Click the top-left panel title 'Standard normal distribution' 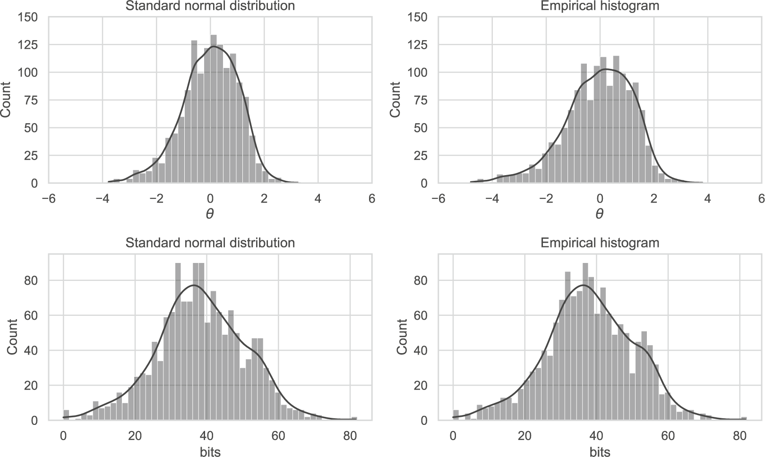[210, 6]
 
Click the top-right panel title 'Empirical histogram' [600, 6]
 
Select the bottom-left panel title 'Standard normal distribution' [210, 243]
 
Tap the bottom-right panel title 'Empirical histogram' [600, 243]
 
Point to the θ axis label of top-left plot [210, 214]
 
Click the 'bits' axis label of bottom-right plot [600, 451]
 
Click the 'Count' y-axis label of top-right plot [395, 100]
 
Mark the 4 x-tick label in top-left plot [318, 199]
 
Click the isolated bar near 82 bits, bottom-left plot [354, 418]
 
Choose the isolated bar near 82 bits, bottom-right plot [744, 418]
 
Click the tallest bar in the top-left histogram [213, 109]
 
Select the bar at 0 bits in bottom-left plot [66, 415]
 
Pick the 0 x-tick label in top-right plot [600, 199]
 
